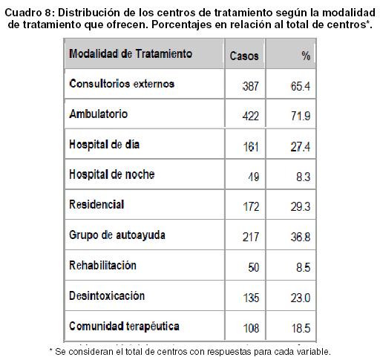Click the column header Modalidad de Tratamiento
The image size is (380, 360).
pos(131,53)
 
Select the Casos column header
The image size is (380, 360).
pos(244,56)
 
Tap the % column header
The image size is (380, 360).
pos(306,56)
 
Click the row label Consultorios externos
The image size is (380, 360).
pos(122,84)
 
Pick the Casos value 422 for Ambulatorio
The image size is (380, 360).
pos(251,116)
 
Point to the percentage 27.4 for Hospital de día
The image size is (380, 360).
pos(301,147)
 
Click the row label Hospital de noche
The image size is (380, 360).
pos(112,174)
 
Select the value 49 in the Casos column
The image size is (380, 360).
pos(254,177)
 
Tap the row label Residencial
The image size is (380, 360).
pos(96,205)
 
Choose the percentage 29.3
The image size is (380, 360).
pos(301,207)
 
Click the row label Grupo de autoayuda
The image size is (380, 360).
pos(117,235)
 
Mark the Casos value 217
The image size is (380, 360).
pos(251,237)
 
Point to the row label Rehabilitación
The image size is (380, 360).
pos(102,265)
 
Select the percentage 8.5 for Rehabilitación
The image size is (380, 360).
pos(304,267)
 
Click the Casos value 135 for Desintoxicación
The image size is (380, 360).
pos(251,298)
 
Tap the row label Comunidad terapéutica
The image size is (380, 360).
pos(124,327)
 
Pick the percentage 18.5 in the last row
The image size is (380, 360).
pos(301,328)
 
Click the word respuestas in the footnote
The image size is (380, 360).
pos(229,352)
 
